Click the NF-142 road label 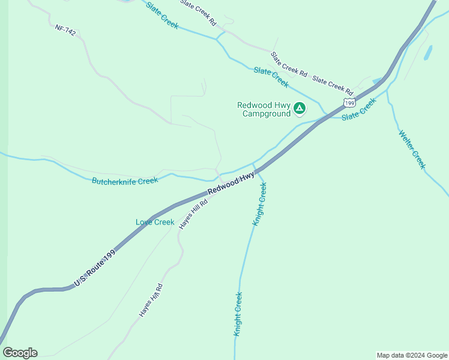click(65, 30)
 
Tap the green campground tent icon click(299, 108)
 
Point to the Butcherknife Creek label click(124, 181)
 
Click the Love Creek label click(155, 222)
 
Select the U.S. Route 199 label click(94, 268)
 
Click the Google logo click(20, 353)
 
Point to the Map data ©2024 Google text click(411, 355)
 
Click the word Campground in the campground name click(266, 113)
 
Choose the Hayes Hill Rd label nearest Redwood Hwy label click(193, 214)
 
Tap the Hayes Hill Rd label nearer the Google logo click(151, 300)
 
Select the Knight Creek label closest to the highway click(259, 204)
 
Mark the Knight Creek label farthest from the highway click(238, 313)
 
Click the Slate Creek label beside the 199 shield click(359, 109)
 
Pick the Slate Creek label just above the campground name click(271, 77)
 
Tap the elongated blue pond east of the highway click(427, 53)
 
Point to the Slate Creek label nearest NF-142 click(162, 15)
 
